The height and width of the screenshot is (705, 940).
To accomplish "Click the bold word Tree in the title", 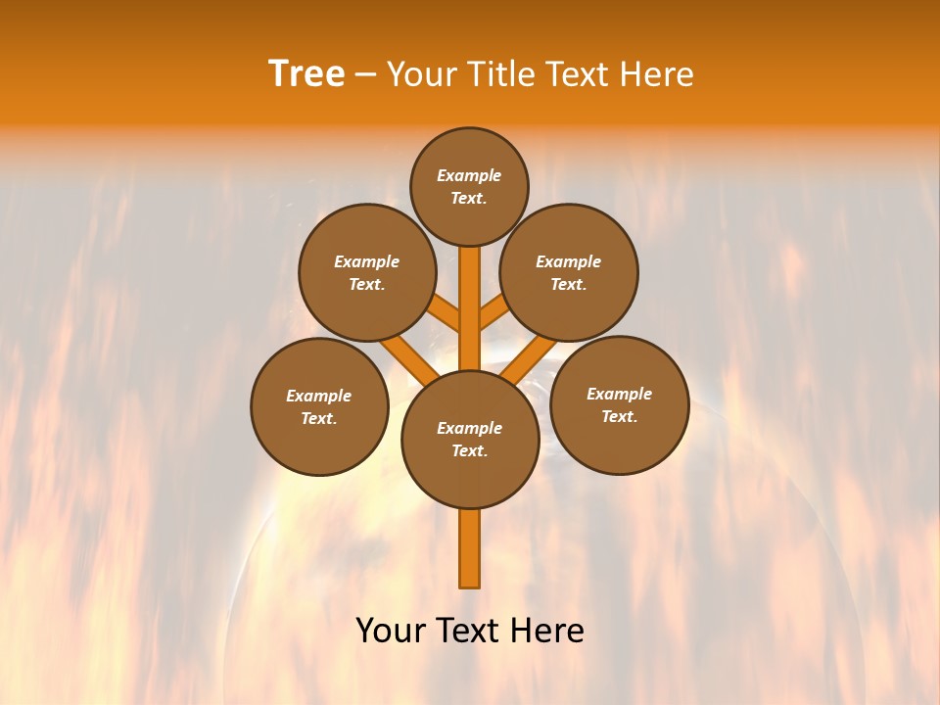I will (306, 73).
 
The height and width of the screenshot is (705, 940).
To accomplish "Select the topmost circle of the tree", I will (469, 186).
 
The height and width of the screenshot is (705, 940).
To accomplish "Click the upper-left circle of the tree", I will (367, 272).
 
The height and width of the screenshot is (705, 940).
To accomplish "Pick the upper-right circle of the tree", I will (569, 272).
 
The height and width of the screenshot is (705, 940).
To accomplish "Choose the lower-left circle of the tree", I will (319, 406).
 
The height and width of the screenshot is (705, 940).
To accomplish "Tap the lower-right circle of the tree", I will (619, 404).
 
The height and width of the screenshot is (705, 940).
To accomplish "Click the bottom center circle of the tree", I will (470, 439).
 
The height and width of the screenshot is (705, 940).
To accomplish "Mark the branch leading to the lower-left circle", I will (403, 358).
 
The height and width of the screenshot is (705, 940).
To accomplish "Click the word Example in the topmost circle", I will (469, 175).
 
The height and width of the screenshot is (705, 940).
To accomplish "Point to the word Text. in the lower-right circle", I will (619, 416).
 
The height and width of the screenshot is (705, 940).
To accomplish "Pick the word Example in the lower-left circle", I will (319, 396).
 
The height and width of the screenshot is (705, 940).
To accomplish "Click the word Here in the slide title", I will (659, 74).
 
